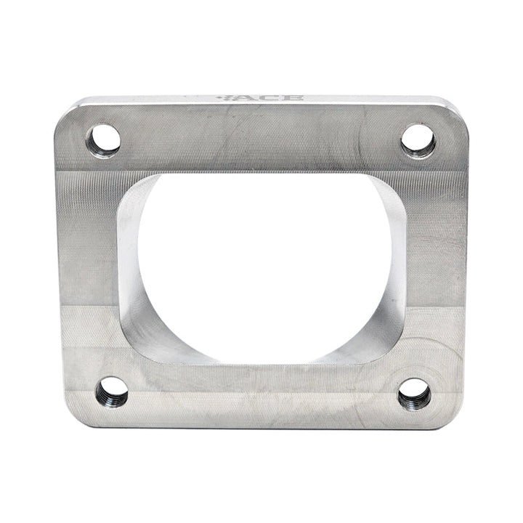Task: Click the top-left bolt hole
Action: (103, 139)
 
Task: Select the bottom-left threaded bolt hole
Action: (111, 392)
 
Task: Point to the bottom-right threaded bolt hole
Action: (414, 394)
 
